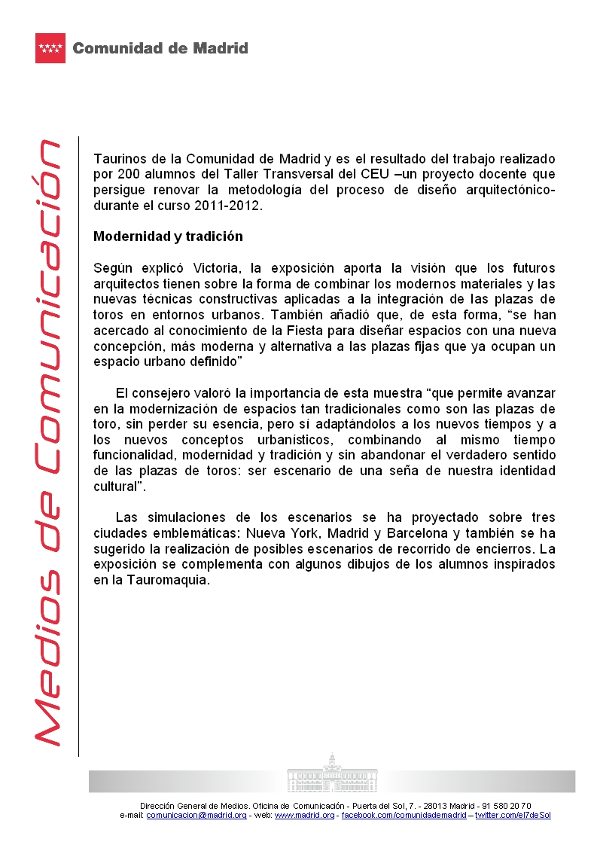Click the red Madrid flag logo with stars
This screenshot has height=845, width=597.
[x=51, y=48]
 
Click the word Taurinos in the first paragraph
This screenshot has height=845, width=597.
[x=118, y=159]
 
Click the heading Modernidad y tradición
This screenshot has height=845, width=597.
[x=168, y=236]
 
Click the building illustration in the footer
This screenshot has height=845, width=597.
[x=332, y=772]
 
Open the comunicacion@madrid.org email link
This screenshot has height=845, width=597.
[x=196, y=816]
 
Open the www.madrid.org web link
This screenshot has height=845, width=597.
[x=304, y=816]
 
